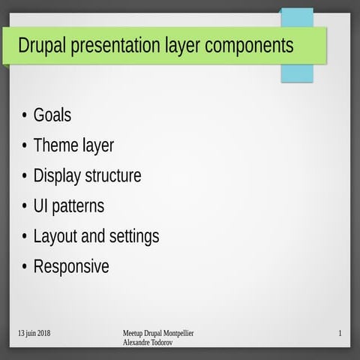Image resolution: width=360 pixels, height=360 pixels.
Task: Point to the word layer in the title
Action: click(180, 46)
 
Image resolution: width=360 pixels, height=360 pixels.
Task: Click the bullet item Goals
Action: click(52, 115)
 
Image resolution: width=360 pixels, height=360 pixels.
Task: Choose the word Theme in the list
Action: click(52, 145)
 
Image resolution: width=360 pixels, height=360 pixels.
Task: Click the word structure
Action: click(113, 176)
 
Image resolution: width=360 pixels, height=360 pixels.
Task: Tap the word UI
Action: click(41, 206)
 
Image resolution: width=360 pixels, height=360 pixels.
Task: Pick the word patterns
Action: click(79, 206)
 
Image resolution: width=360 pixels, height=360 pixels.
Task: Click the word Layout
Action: click(55, 237)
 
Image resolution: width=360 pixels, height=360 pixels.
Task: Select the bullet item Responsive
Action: click(71, 267)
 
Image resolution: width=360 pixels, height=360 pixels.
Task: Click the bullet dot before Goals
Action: click(25, 116)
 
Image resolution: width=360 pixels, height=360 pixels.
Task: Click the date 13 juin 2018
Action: click(34, 333)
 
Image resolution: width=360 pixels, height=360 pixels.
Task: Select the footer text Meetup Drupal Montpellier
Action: click(157, 333)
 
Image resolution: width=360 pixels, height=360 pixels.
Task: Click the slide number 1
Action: click(340, 333)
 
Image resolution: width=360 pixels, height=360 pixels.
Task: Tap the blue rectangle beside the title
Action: click(297, 73)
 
